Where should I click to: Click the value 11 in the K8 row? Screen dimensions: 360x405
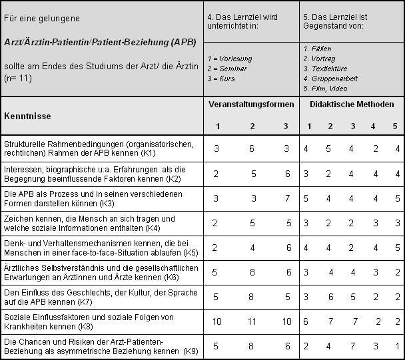(252, 321)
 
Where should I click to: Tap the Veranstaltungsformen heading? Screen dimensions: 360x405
(251, 104)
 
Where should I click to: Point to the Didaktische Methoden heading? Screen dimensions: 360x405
(352, 104)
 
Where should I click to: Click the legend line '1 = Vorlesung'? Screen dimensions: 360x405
(229, 59)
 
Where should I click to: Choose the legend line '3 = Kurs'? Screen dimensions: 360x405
(221, 79)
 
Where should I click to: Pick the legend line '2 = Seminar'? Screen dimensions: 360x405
(228, 69)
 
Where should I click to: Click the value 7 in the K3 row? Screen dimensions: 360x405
(286, 198)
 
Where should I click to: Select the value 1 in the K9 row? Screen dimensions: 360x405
(397, 346)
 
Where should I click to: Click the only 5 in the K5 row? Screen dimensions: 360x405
(397, 248)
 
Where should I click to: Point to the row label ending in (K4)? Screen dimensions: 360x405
(89, 223)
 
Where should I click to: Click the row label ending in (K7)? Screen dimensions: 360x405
(89, 297)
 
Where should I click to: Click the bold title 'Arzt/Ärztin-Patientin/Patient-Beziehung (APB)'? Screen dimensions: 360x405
(99, 41)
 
